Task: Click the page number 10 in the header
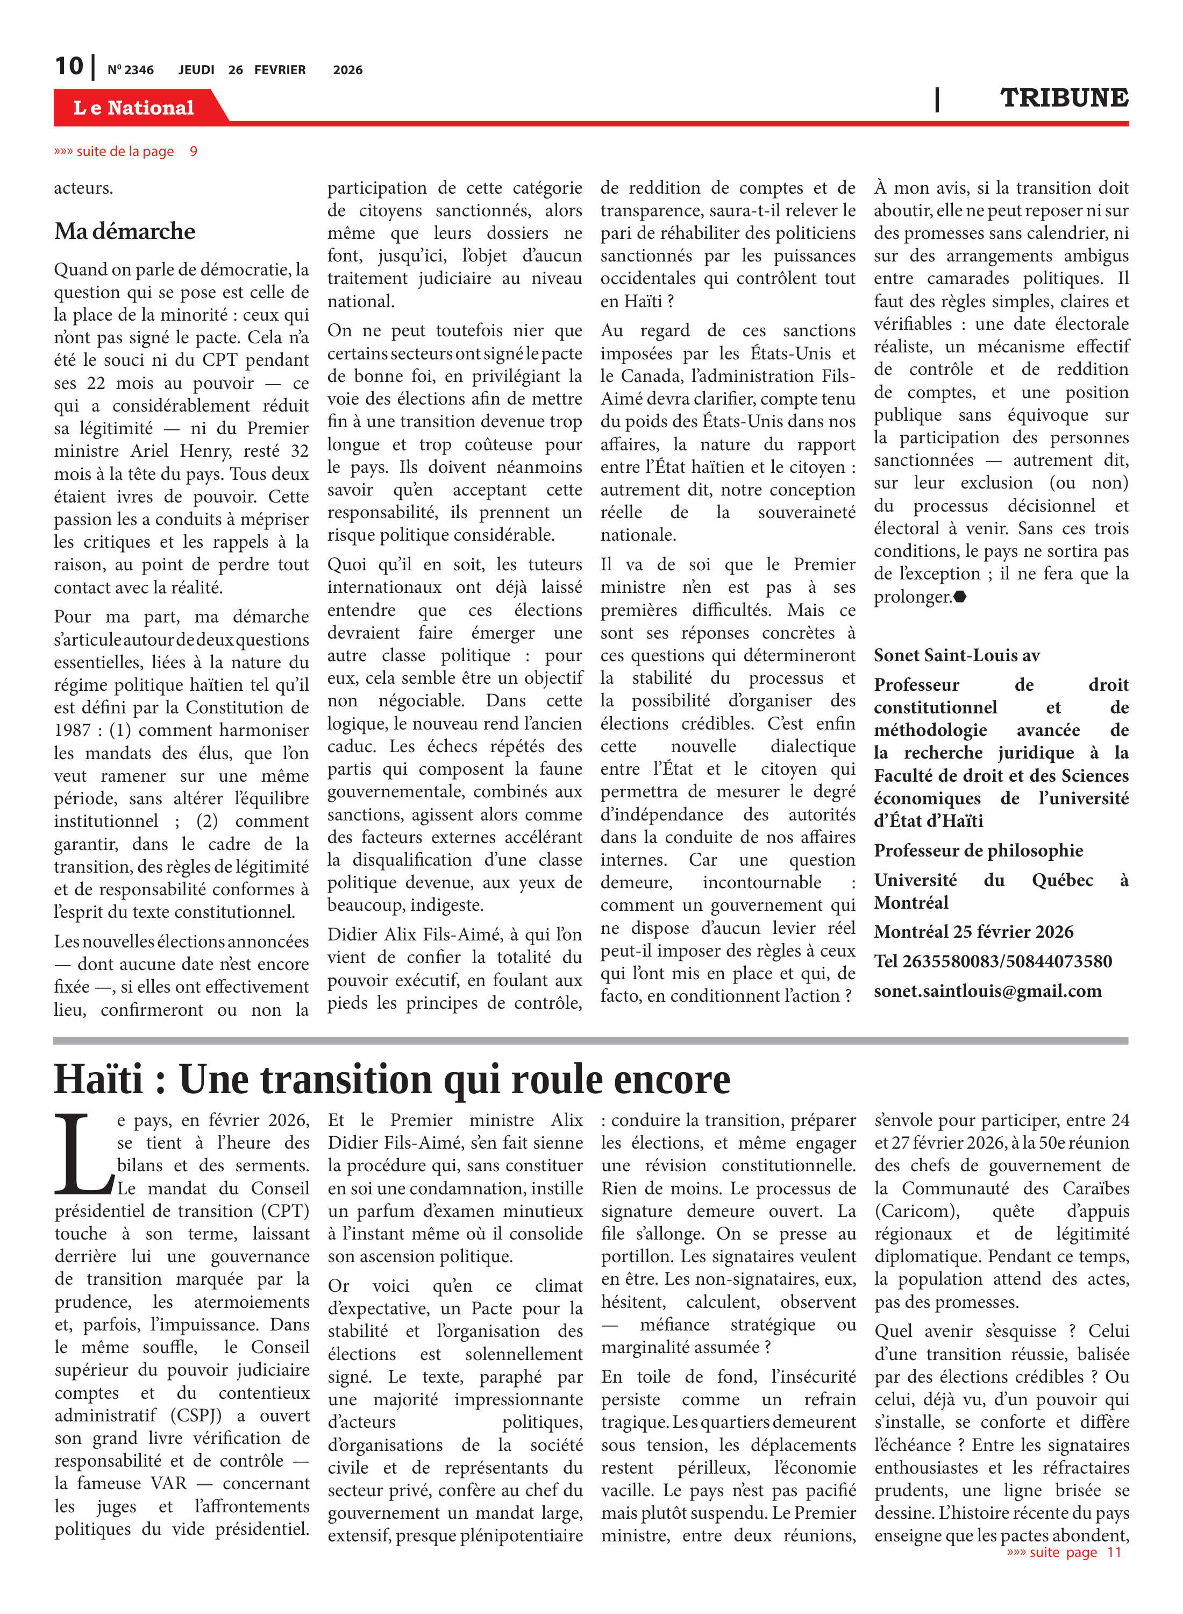coord(69,67)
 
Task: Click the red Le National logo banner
coord(134,108)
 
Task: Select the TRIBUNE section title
coord(1064,98)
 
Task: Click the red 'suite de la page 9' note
coord(125,151)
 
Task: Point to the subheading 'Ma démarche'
coord(125,231)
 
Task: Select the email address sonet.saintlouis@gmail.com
coord(987,991)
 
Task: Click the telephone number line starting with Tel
coord(993,961)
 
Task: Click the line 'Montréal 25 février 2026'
coord(973,932)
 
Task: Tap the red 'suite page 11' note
coord(1064,1552)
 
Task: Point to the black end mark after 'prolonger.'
coord(960,596)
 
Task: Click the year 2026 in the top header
coord(347,70)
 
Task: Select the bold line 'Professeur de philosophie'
coord(978,851)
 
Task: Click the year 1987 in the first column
coord(73,731)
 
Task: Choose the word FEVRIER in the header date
coord(280,70)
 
